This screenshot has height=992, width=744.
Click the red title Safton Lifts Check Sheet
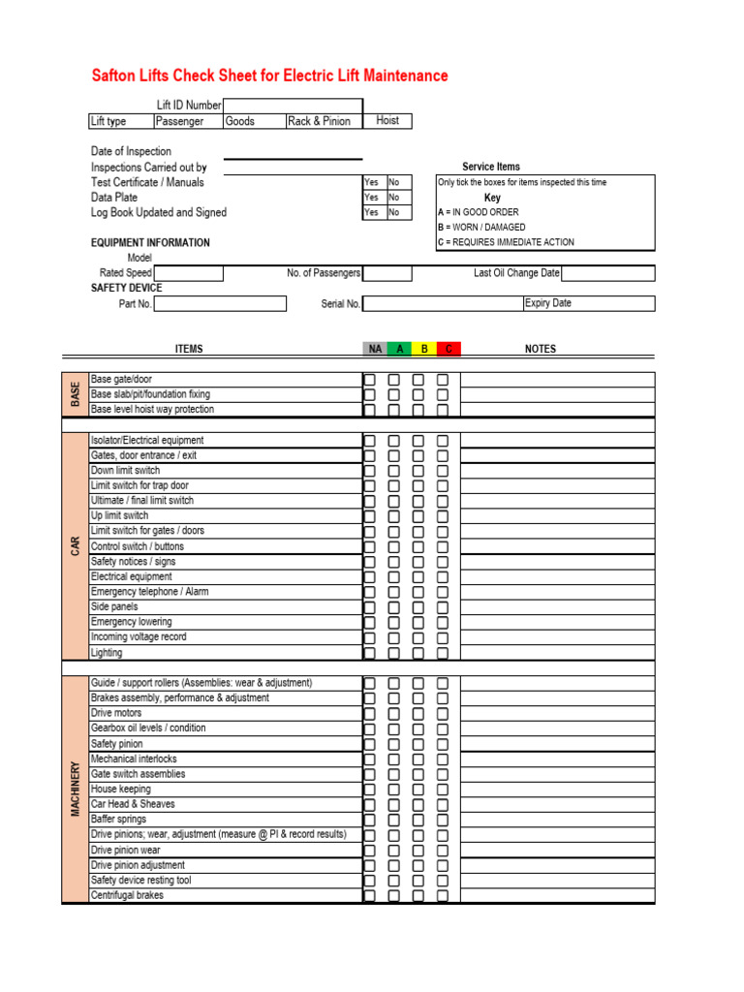269,76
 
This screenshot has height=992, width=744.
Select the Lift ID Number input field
293,106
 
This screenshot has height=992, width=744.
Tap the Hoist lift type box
387,121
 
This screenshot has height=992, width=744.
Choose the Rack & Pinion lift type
319,122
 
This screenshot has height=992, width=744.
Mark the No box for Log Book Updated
398,212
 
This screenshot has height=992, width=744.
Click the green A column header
399,349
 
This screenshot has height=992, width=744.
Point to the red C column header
449,349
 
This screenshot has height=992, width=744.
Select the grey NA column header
375,349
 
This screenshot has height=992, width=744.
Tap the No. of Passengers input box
387,273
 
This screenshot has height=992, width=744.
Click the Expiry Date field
588,303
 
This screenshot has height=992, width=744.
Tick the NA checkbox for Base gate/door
370,380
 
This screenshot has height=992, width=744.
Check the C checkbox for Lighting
443,653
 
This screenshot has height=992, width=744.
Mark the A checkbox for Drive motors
394,713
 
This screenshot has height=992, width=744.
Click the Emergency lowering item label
131,622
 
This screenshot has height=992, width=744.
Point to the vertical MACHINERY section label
76,789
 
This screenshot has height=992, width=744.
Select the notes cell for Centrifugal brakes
557,896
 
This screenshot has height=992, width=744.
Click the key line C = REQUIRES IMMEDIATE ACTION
506,242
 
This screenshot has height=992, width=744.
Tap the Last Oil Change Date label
516,273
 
